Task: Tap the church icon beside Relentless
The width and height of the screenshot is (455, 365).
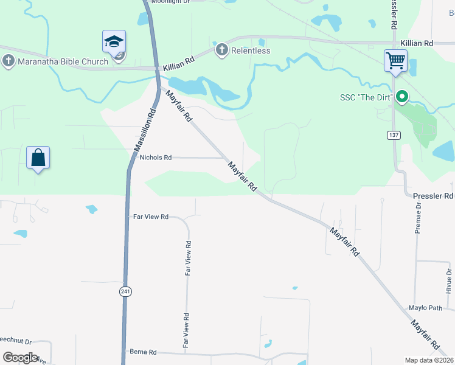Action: [221, 50]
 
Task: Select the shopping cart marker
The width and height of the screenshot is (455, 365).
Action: [395, 61]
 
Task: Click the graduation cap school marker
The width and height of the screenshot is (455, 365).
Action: [114, 43]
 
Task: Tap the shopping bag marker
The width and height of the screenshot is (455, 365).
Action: [38, 158]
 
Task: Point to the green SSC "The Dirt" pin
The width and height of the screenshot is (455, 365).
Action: [401, 97]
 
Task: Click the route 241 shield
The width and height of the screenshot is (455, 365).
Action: [125, 292]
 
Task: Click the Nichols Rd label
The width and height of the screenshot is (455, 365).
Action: [156, 158]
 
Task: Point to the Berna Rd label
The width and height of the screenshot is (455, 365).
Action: [144, 352]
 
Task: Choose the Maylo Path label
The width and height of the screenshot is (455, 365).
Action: [425, 308]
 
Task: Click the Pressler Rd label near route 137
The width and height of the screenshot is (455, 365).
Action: [433, 196]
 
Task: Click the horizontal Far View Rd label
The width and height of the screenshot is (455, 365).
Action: [150, 217]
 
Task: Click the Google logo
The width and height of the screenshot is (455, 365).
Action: [20, 358]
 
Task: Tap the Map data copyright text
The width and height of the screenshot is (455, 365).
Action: [428, 360]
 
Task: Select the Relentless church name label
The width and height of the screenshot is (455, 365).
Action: [251, 51]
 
